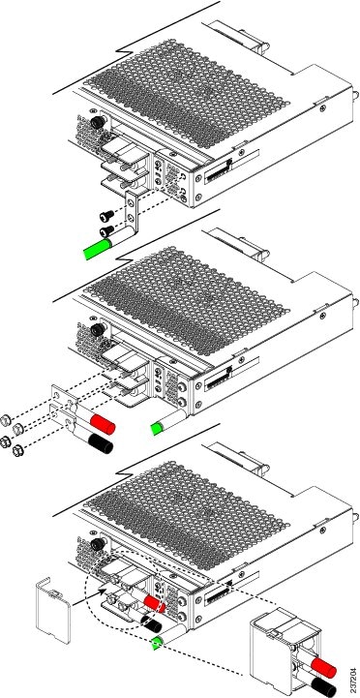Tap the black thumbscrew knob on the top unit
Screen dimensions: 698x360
97,124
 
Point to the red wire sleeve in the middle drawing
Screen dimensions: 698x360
103,425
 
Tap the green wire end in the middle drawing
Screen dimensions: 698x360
154,425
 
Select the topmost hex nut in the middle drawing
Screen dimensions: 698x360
9,419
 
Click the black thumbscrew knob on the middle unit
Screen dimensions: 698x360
97,331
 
